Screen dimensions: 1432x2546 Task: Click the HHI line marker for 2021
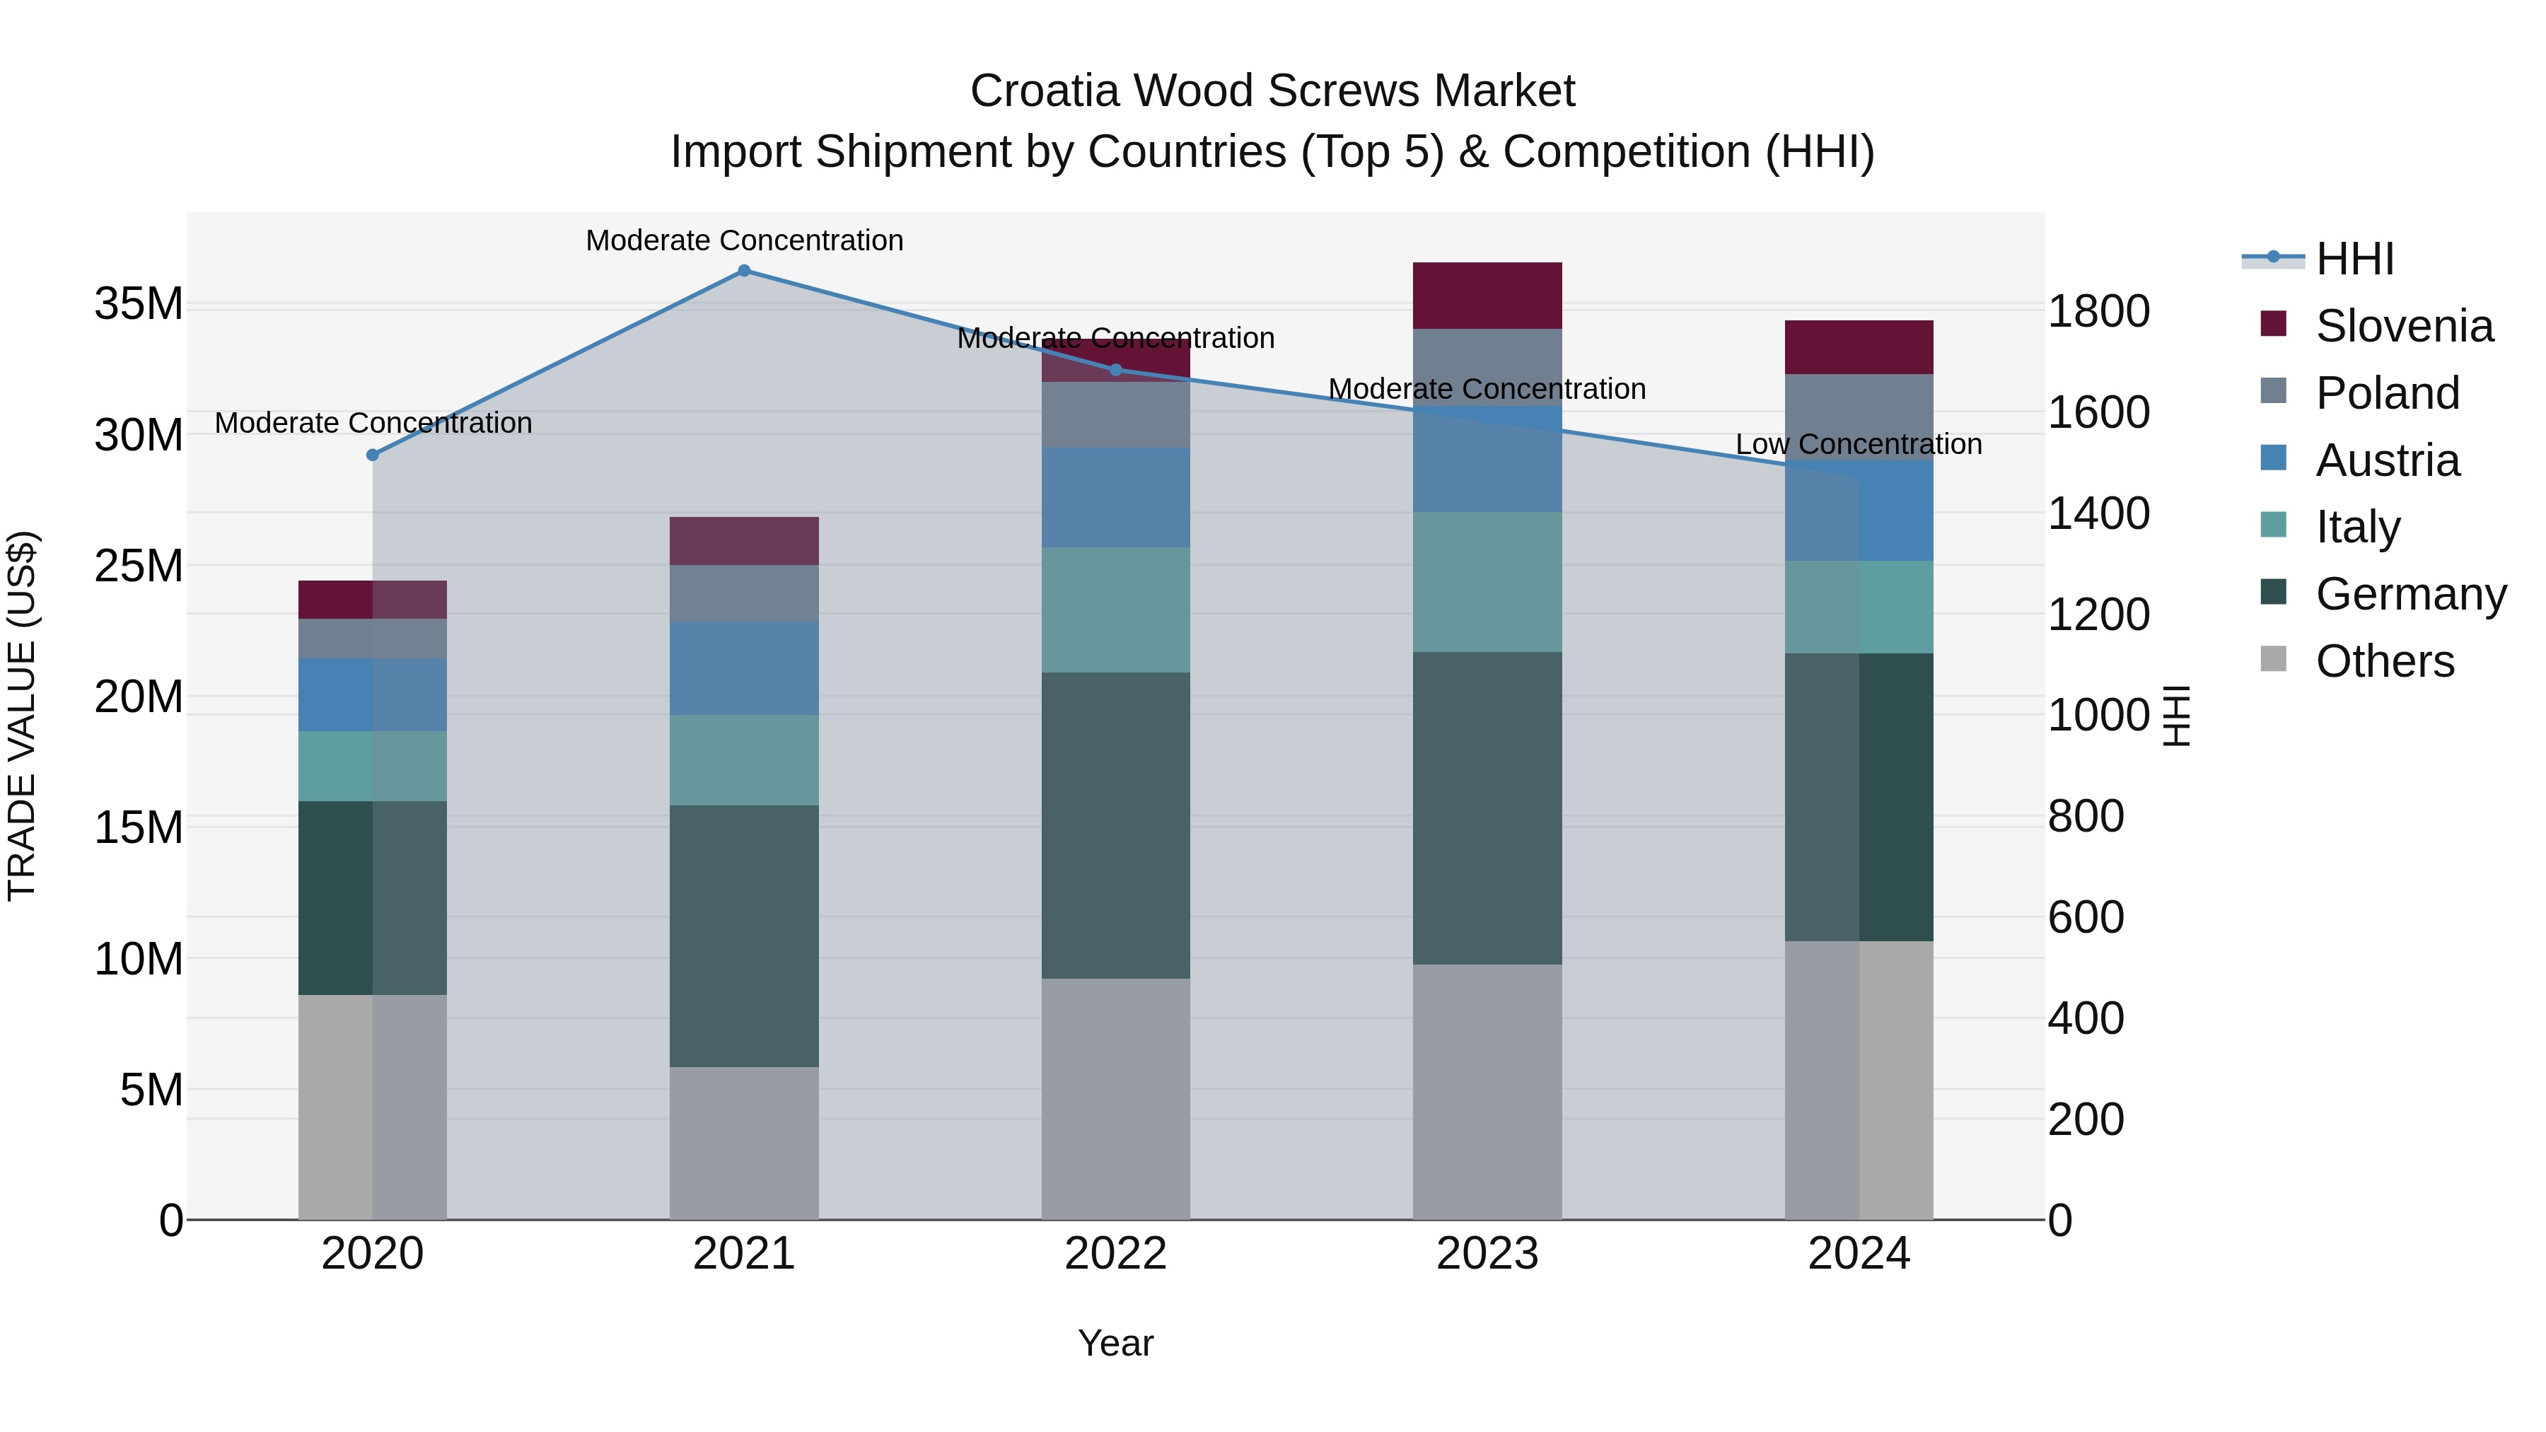pos(744,271)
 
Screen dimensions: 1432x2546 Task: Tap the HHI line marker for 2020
pos(373,455)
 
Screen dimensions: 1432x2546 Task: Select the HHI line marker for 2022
pos(1116,370)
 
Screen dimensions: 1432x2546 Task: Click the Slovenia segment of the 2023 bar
pos(1487,296)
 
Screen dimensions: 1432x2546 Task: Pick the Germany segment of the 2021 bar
pos(744,935)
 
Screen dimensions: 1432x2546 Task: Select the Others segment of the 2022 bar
pos(1116,1098)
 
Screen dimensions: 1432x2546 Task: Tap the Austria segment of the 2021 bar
pos(744,668)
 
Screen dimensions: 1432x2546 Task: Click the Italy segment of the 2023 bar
pos(1487,581)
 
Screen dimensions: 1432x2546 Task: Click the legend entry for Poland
pos(2387,393)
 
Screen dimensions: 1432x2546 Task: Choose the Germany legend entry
pos(2410,594)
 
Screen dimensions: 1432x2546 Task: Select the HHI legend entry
pos(2354,259)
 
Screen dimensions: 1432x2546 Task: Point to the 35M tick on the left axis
pos(139,303)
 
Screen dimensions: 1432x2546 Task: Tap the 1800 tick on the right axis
pos(2098,311)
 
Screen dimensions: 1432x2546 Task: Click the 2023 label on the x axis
pos(1487,1254)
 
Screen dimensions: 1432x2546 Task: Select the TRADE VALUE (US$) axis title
pos(22,716)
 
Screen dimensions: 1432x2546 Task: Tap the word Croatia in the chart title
pos(1044,91)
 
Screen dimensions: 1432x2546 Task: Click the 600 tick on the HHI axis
pos(2086,917)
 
